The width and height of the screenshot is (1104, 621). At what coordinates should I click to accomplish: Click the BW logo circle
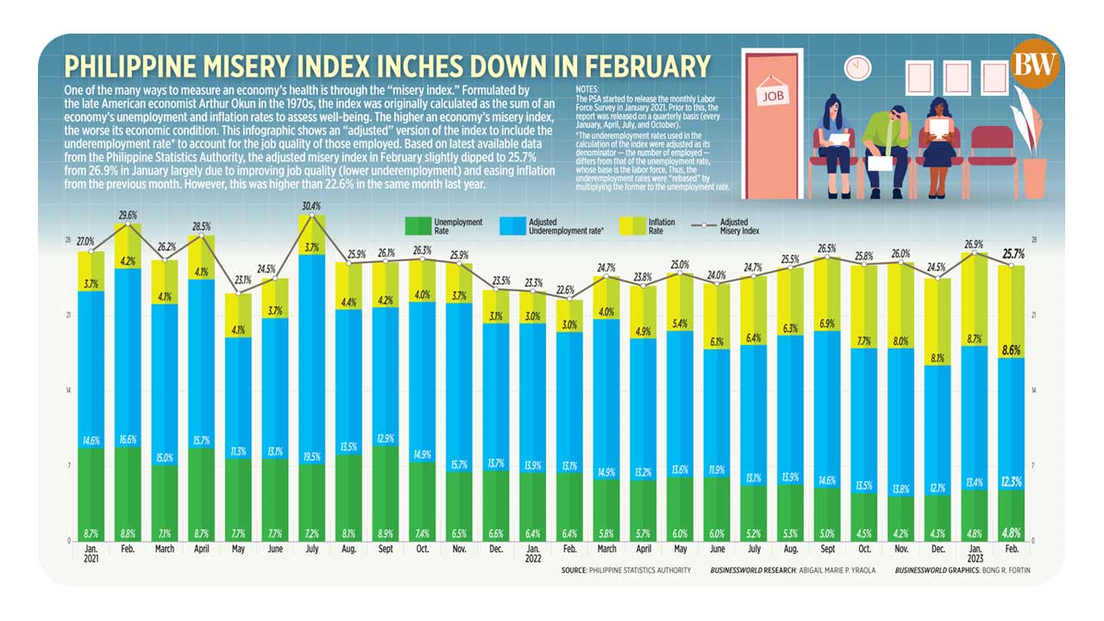point(1038,66)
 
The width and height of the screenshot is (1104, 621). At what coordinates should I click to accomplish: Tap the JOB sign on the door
point(775,97)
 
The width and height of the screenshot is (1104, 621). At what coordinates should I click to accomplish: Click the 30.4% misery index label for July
point(311,206)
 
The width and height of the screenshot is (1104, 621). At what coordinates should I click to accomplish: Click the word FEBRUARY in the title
point(621,66)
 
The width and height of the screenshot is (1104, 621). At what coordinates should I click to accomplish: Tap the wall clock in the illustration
point(857,66)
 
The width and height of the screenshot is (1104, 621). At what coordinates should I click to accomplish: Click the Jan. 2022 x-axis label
point(534,552)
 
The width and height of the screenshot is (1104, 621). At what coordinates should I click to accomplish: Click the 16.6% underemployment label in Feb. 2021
point(128,439)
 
